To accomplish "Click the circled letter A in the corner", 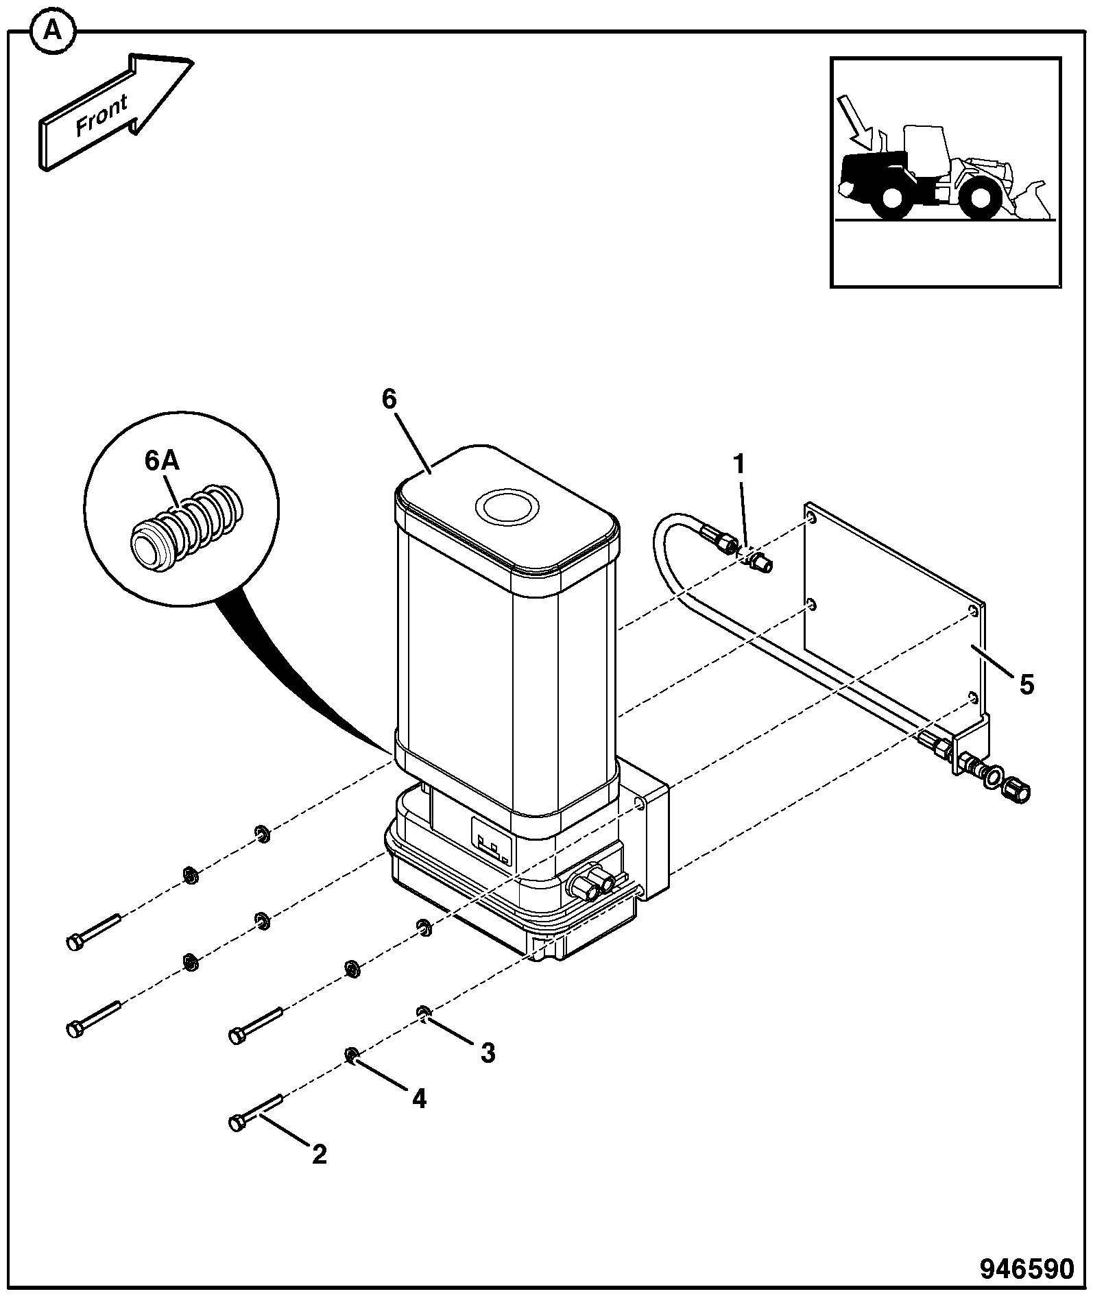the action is click(53, 31).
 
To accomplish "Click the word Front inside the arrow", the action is click(102, 116).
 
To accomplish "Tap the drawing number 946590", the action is click(1026, 1269).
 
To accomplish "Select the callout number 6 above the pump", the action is click(389, 398).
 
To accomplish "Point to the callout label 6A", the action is click(162, 460).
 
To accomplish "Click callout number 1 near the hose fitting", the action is click(738, 464).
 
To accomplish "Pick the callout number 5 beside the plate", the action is click(1026, 684).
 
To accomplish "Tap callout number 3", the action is click(488, 1053).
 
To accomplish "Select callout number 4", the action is click(418, 1099).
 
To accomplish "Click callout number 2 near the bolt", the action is click(319, 1155).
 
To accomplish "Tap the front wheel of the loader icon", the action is click(979, 196).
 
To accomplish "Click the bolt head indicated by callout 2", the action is click(237, 1123).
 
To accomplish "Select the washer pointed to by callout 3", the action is click(423, 1011).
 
